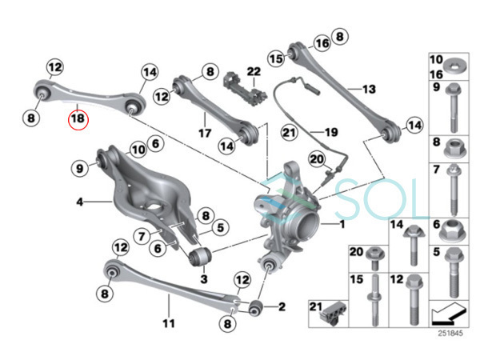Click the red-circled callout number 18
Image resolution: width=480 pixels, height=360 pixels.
pos(78,120)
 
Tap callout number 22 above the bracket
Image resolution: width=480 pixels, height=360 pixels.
pos(254,73)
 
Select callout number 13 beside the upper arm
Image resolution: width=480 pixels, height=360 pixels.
pos(368,89)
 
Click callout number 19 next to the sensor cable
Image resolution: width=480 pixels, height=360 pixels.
pos(330,130)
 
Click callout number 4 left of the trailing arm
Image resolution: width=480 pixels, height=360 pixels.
pos(80,202)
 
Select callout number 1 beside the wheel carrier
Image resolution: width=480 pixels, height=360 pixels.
pos(343,226)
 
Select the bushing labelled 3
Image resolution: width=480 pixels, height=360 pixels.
pos(198,257)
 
